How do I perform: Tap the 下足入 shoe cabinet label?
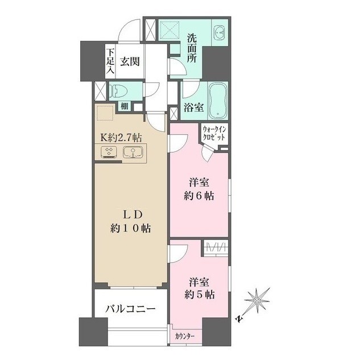(110, 62)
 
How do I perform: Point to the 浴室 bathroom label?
(193, 106)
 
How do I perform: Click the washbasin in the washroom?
(220, 33)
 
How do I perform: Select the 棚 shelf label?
(124, 106)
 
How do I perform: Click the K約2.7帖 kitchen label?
(121, 138)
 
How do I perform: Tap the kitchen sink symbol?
(134, 152)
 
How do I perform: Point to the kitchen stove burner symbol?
(109, 152)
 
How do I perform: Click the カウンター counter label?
(185, 336)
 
